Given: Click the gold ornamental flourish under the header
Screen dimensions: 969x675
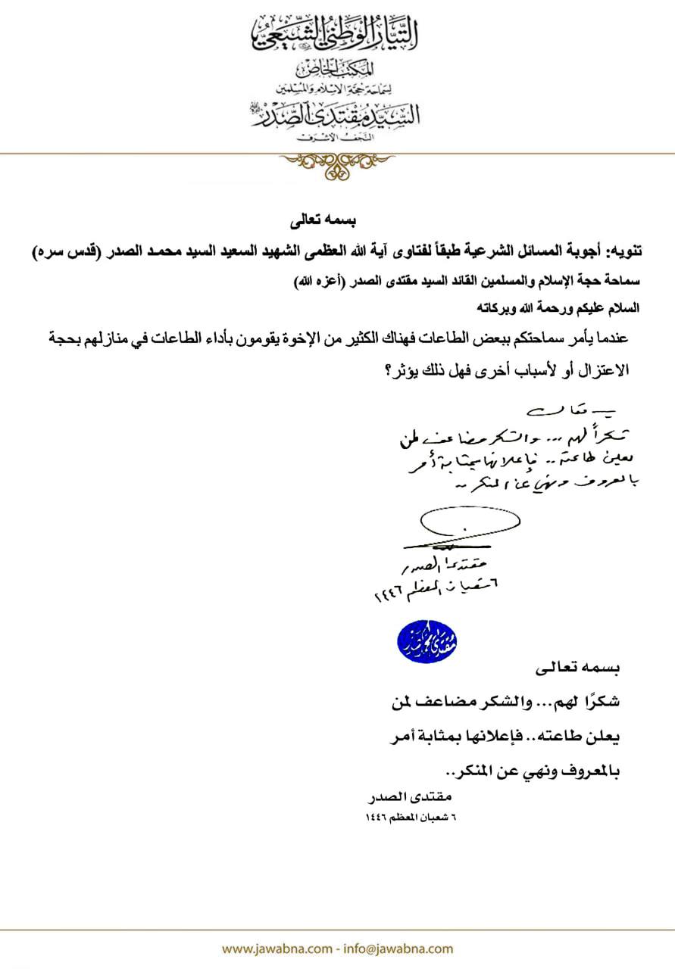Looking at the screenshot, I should point(337,164).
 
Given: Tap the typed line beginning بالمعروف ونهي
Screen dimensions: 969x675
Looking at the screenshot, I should point(533,771).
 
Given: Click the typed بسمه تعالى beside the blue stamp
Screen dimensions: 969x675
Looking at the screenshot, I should point(577,668).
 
